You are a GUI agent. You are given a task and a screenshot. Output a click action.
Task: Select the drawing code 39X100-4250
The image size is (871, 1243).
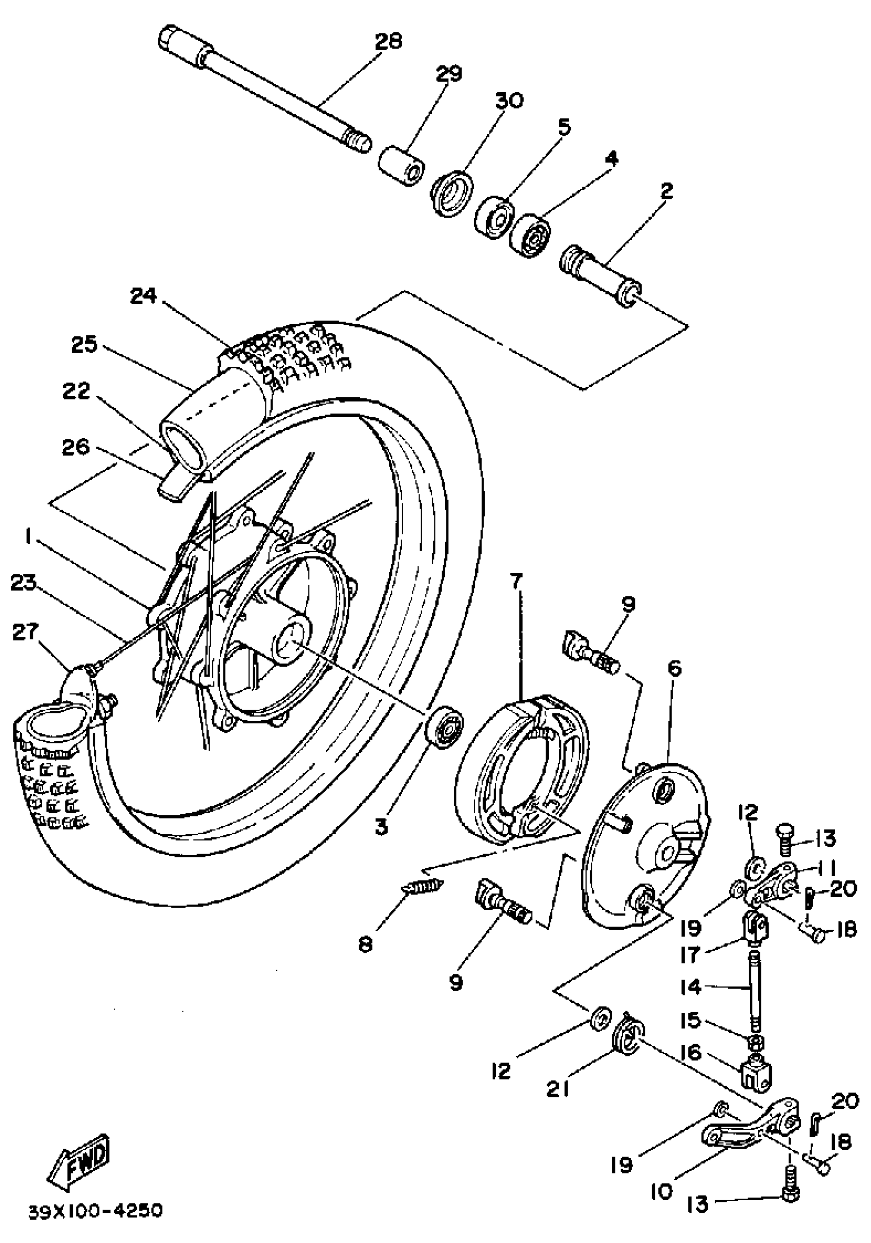pyautogui.click(x=95, y=1211)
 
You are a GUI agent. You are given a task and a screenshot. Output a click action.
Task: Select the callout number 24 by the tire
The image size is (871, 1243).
pyautogui.click(x=143, y=296)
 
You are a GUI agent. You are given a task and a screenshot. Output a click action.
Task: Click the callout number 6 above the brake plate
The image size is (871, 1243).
pyautogui.click(x=674, y=669)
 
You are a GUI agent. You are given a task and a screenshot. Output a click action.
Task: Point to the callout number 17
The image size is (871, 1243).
pyautogui.click(x=691, y=954)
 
